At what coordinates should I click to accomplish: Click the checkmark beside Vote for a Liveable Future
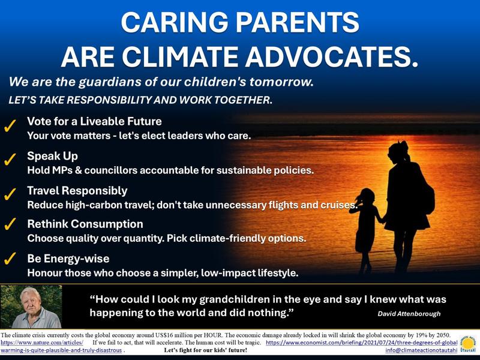10,128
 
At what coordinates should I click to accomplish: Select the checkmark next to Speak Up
10,161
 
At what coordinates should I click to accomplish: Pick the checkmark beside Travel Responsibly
10,196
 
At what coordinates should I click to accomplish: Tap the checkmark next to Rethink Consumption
10,227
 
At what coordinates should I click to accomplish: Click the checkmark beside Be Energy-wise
10,260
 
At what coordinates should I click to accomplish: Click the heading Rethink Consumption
85,224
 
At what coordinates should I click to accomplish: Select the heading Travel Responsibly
77,190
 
